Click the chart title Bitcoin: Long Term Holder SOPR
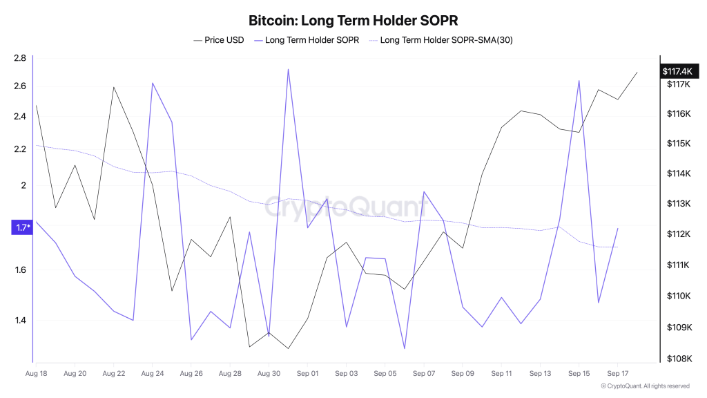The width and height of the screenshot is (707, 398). click(353, 20)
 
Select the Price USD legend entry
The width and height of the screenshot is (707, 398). click(219, 40)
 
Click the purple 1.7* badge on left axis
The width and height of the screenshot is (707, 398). click(23, 227)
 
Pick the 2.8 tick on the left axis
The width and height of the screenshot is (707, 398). click(19, 58)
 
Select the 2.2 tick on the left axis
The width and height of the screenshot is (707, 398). click(19, 149)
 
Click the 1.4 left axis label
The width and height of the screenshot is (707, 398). click(19, 321)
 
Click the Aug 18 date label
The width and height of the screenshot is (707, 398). click(36, 374)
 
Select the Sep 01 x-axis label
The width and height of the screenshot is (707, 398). click(307, 374)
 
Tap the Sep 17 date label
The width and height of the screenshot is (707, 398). click(618, 374)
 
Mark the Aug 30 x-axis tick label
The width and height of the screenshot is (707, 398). click(269, 374)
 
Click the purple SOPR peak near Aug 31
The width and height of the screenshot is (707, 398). click(288, 69)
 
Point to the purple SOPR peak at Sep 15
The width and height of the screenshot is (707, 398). click(579, 81)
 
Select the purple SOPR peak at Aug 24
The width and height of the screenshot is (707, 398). click(152, 83)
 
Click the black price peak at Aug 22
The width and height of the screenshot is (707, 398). click(113, 87)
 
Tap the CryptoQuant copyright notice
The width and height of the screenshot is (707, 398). click(645, 386)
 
